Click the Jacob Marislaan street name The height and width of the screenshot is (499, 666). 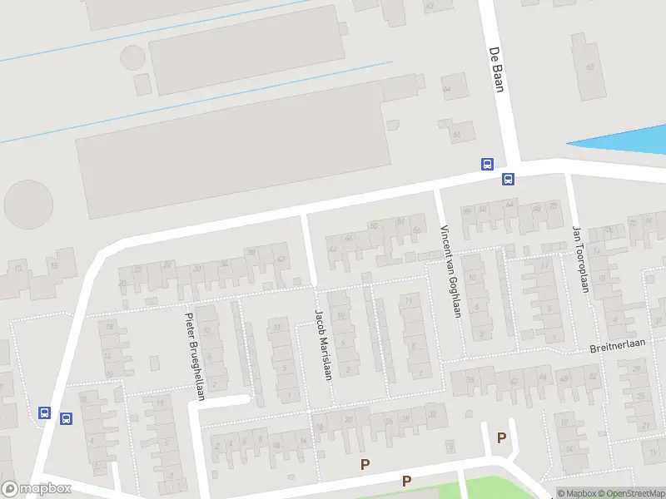click(x=322, y=344)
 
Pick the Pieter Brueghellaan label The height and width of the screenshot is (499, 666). click(x=194, y=354)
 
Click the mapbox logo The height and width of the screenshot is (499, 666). click(x=36, y=489)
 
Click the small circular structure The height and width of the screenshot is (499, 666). click(x=132, y=57)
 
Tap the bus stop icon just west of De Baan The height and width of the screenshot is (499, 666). click(x=487, y=164)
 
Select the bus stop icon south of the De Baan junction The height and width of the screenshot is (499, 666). click(x=507, y=179)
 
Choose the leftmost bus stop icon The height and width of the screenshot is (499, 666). click(x=44, y=413)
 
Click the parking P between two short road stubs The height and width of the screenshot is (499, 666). click(x=501, y=437)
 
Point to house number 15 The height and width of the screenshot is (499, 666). click(x=54, y=265)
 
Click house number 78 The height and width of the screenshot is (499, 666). click(x=107, y=326)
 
